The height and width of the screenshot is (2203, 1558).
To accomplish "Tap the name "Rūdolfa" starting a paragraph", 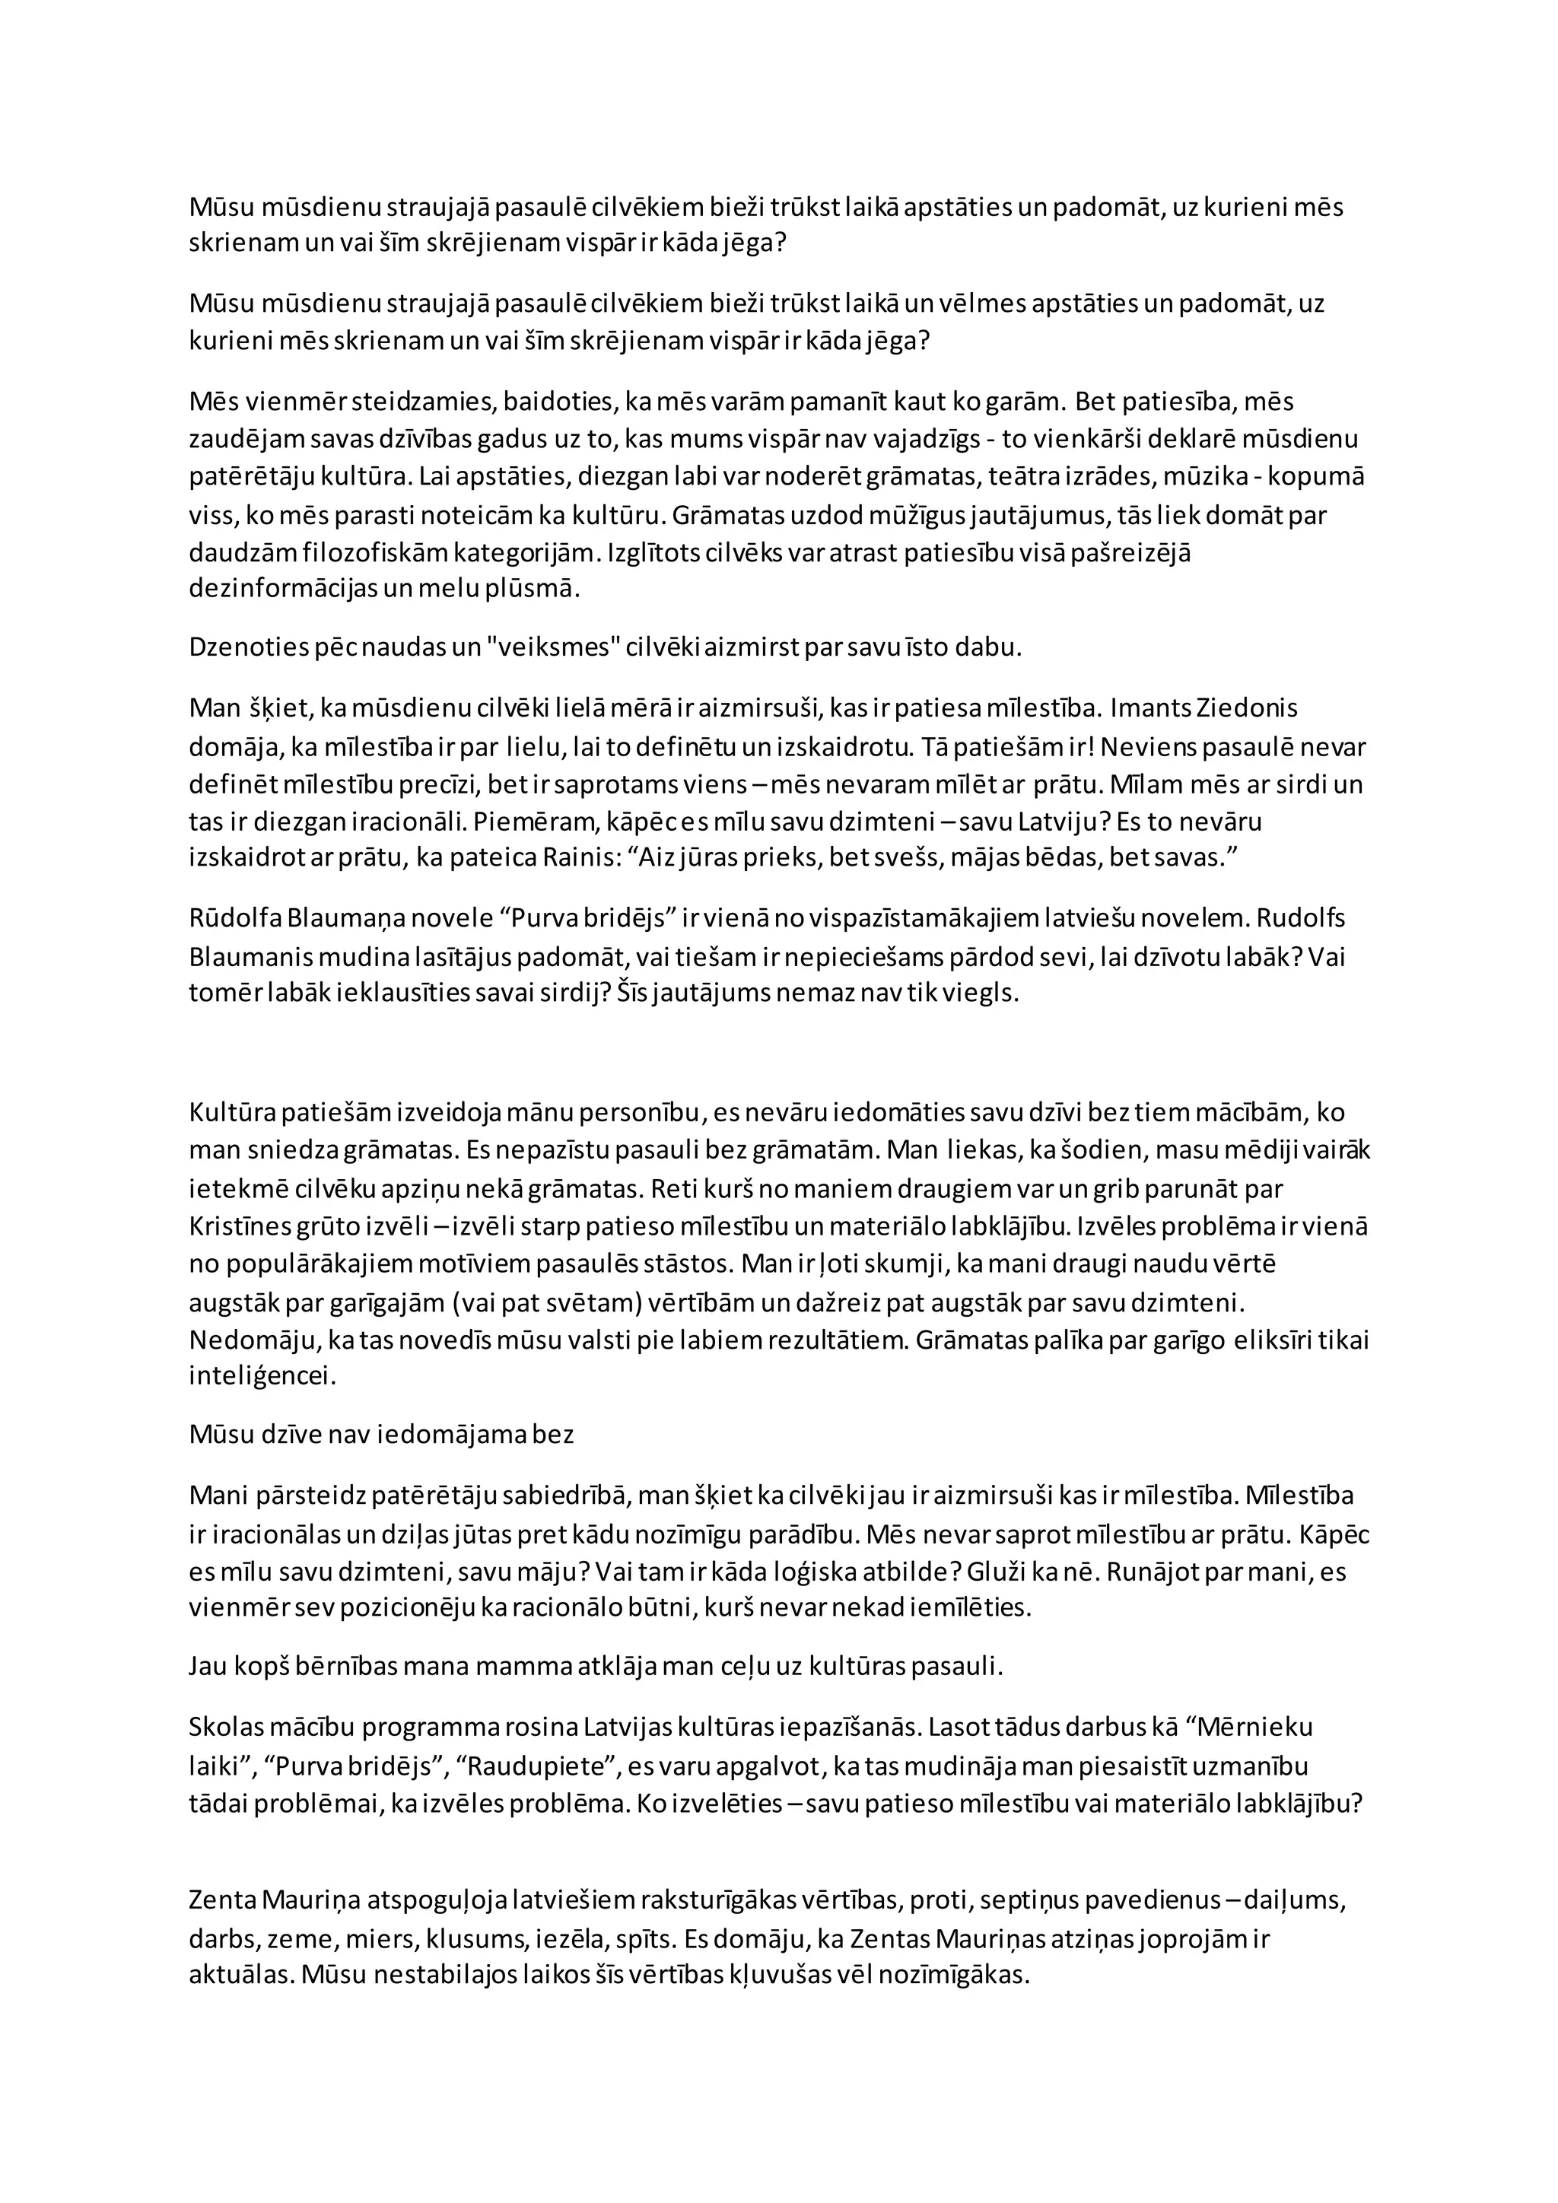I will [235, 918].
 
